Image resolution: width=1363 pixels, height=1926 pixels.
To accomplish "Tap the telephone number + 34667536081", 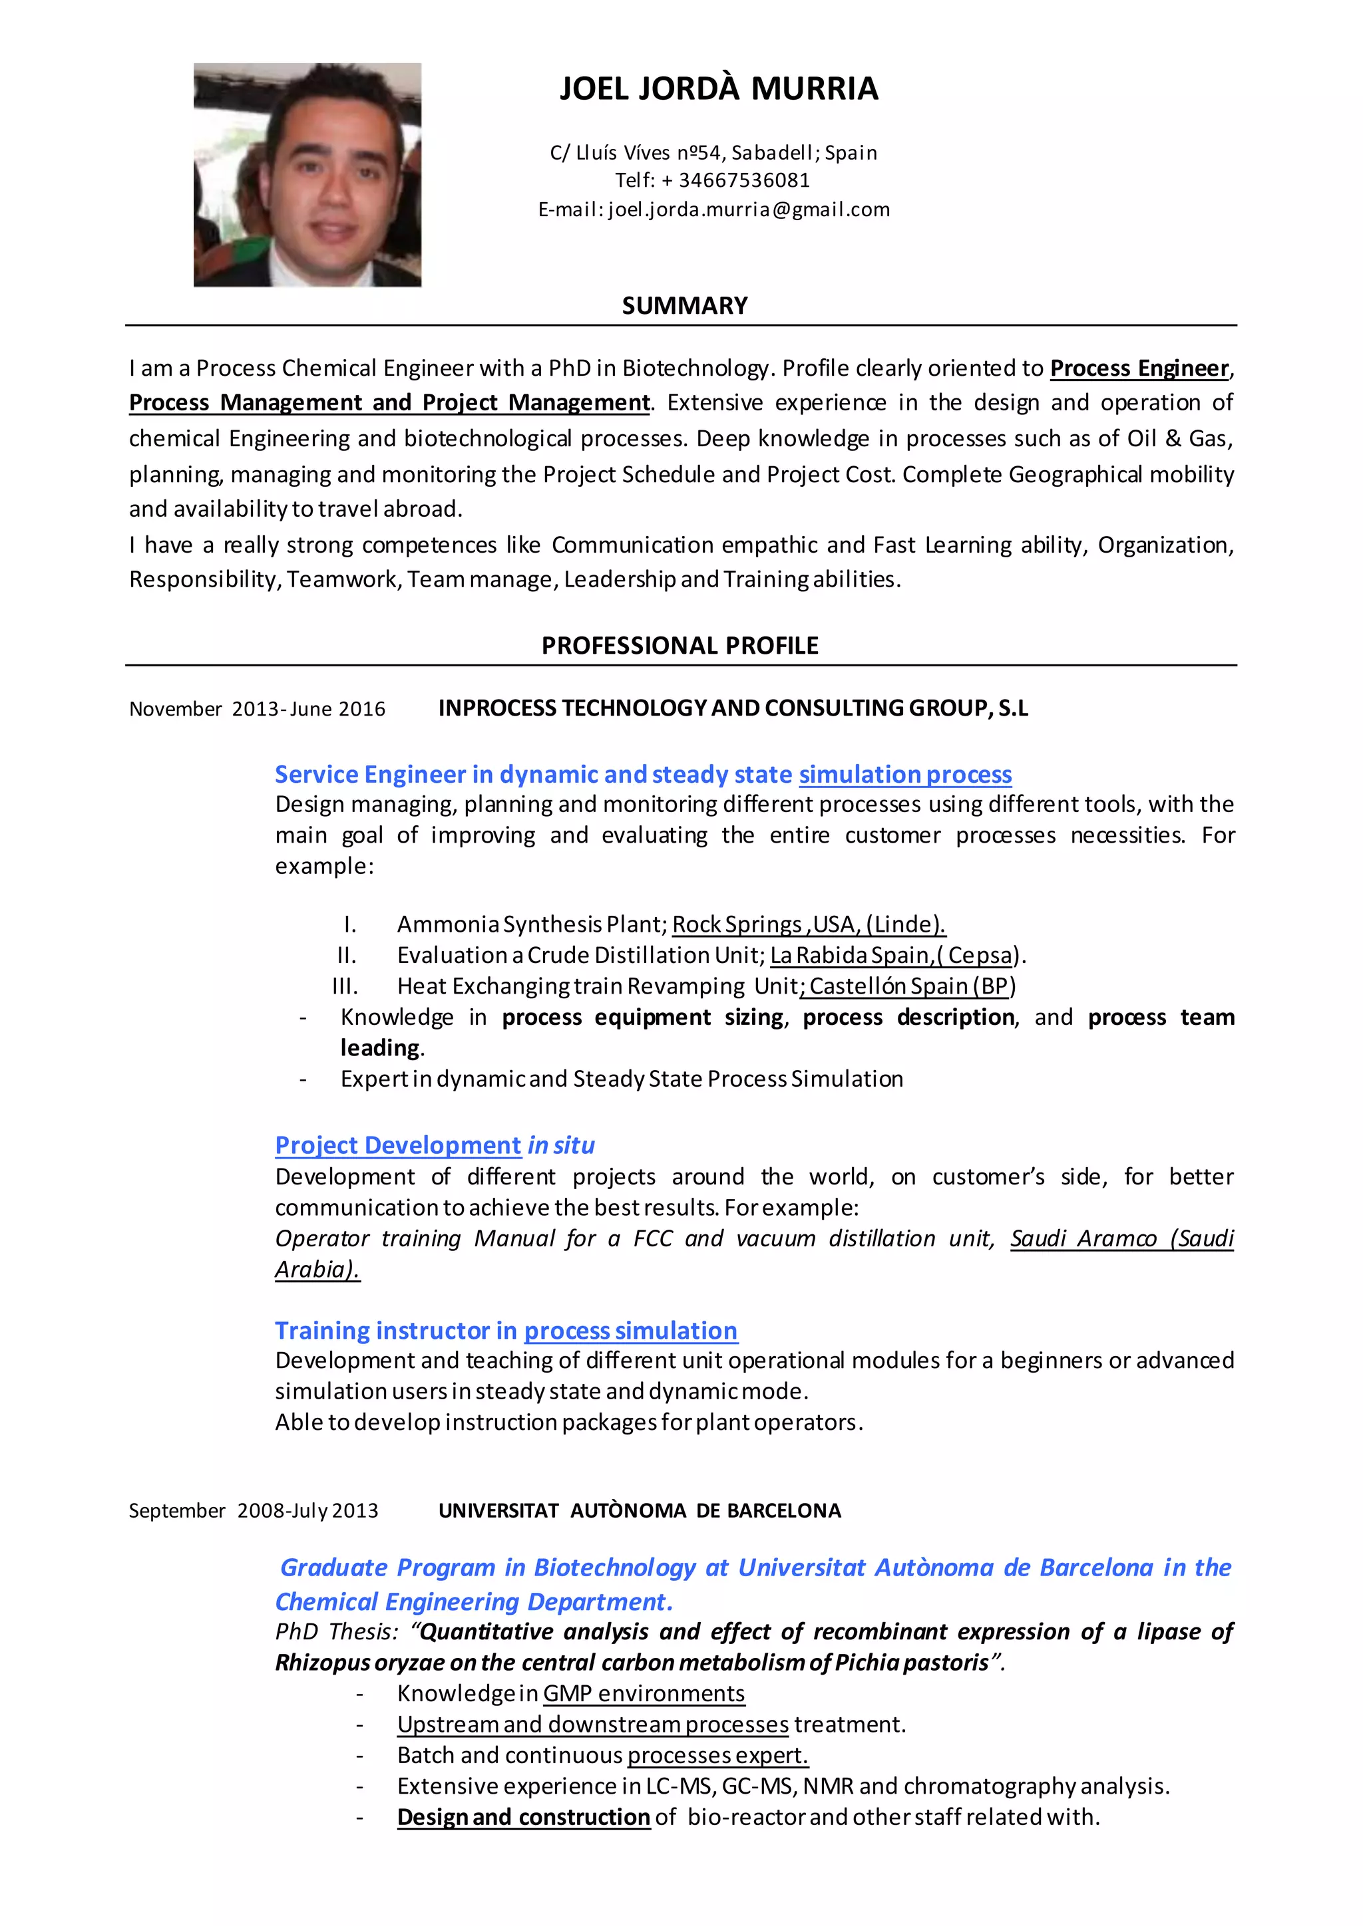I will [743, 180].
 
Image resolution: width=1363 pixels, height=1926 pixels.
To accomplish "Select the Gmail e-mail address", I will [749, 209].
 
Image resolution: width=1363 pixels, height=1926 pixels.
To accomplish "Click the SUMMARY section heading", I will [684, 305].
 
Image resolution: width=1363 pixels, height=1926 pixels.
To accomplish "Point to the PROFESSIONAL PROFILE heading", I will [680, 645].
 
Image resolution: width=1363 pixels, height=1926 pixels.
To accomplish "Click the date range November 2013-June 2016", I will [257, 709].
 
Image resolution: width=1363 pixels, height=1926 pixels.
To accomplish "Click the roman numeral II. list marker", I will [347, 956].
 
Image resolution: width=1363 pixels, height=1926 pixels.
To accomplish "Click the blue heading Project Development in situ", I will [435, 1145].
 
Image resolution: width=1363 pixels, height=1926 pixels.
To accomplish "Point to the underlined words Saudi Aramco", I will [1083, 1239].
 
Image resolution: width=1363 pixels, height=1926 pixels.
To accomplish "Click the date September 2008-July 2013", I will [254, 1511].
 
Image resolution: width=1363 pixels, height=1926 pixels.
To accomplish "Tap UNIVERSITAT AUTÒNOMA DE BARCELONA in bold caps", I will [640, 1511].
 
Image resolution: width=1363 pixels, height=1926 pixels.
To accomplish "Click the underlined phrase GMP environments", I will [644, 1694].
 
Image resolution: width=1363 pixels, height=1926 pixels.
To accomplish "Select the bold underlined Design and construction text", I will [524, 1817].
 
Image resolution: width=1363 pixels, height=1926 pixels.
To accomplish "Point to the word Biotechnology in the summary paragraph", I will [695, 368].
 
